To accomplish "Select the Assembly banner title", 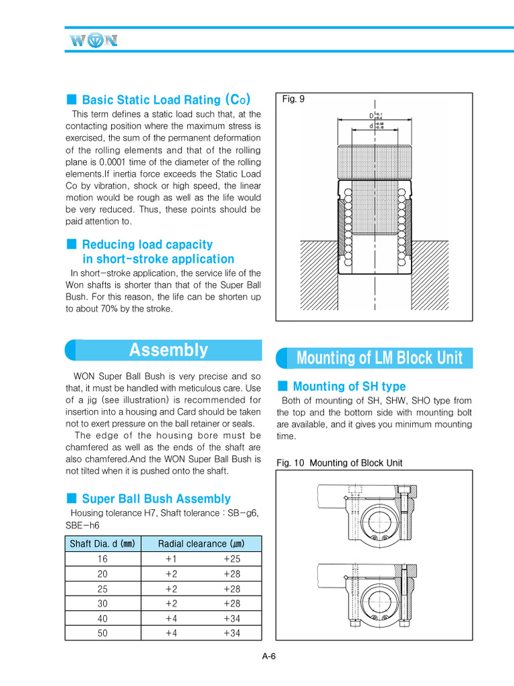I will point(168,350).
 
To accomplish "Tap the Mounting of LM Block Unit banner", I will point(379,358).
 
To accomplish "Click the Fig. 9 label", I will point(293,98).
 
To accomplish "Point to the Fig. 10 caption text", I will point(339,462).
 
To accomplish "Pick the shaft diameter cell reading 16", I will point(102,559).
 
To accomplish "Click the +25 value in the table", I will point(232,559).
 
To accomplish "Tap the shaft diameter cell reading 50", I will point(102,632).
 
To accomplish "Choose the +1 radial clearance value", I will point(171,559).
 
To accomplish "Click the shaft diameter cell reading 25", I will point(102,588).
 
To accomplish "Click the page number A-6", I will point(268,656).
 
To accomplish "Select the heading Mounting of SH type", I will point(349,387).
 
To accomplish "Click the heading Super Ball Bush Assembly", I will point(156,498).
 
